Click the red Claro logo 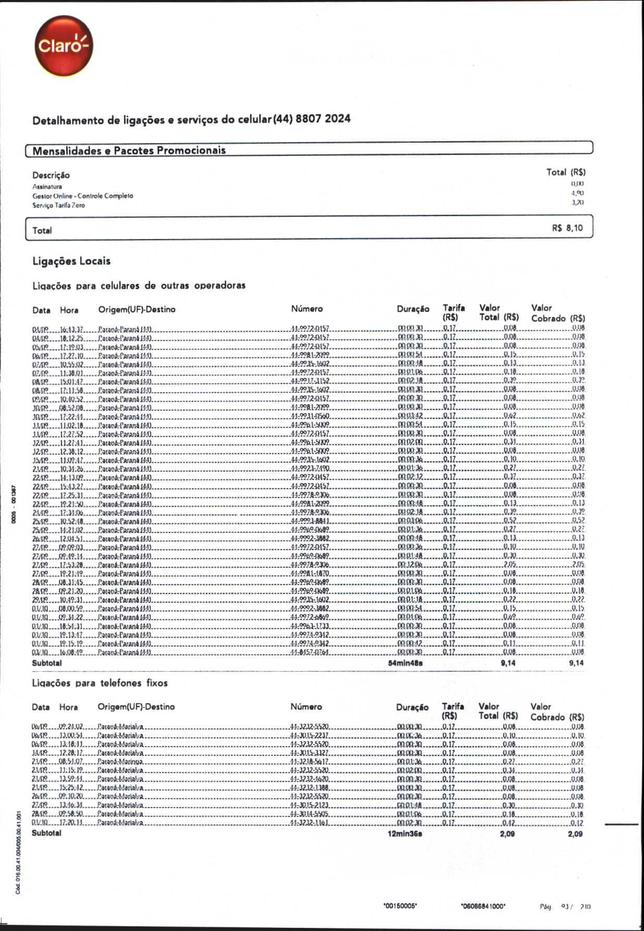[64, 46]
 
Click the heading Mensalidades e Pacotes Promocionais [129, 151]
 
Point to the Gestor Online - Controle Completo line [83, 196]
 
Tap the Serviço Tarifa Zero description [58, 205]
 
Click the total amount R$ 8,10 [567, 228]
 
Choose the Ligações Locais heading [71, 261]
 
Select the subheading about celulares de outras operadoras [139, 285]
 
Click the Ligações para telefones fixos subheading [100, 682]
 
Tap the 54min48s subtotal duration [405, 663]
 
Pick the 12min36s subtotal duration [405, 834]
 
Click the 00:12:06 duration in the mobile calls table [410, 565]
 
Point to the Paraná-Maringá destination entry [120, 762]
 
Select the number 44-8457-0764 [309, 652]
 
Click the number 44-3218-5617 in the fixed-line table [309, 762]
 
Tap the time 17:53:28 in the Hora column [71, 565]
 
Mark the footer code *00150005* [400, 906]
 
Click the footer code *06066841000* [483, 906]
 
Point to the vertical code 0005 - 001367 [15, 504]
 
